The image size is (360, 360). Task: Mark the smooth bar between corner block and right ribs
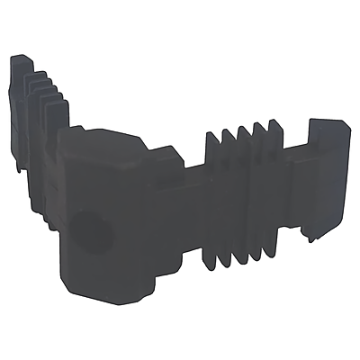point(184,198)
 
